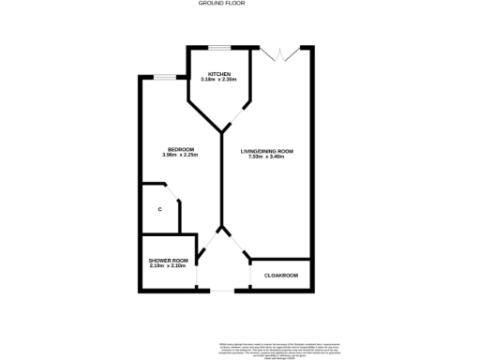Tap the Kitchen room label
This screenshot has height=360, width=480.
click(x=219, y=74)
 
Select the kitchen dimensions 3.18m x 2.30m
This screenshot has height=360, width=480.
click(x=219, y=80)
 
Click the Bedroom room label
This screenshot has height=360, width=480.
click(x=180, y=150)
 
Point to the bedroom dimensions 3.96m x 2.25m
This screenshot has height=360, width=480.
click(x=180, y=156)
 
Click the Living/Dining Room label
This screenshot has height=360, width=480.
click(x=267, y=150)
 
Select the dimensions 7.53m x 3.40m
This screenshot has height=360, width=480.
click(x=267, y=156)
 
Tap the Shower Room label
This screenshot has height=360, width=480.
click(x=169, y=261)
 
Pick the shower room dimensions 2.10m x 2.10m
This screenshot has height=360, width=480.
click(x=169, y=266)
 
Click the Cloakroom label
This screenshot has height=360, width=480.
click(x=281, y=275)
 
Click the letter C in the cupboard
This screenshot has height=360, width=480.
click(x=160, y=208)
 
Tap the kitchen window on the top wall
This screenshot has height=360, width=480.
click(x=220, y=47)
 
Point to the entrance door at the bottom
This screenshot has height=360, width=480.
click(x=223, y=291)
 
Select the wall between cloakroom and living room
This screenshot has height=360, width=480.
click(x=281, y=259)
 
